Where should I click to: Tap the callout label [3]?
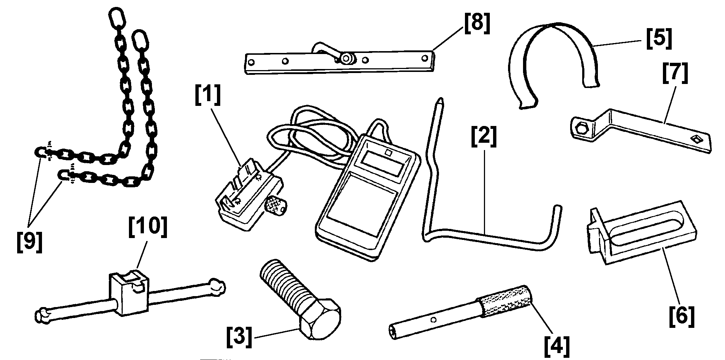coord(239,338)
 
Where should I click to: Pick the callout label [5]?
coord(659,39)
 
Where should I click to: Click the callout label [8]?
coord(477,24)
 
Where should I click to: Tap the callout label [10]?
coord(148,228)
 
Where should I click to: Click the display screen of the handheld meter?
coord(384,161)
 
